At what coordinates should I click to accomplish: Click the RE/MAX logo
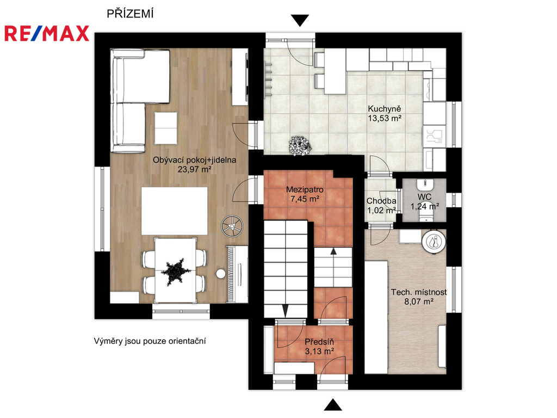[x=47, y=33]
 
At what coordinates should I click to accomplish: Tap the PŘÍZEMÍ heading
[x=130, y=14]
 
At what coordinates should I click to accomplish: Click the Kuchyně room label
[x=384, y=109]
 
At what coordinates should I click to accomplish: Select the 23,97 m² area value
[x=195, y=169]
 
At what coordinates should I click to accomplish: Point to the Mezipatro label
[x=305, y=189]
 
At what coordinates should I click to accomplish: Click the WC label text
[x=424, y=197]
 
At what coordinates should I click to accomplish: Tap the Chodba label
[x=381, y=201]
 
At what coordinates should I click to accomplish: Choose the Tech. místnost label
[x=419, y=292]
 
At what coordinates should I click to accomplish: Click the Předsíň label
[x=319, y=342]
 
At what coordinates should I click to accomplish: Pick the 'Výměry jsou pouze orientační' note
[x=150, y=341]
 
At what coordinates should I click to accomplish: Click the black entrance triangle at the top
[x=300, y=20]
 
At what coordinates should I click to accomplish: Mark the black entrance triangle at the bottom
[x=333, y=405]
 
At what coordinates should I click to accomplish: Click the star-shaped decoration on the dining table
[x=176, y=272]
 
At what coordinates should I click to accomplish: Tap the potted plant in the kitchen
[x=300, y=145]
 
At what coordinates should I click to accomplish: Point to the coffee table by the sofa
[x=166, y=128]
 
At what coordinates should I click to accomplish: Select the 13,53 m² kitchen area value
[x=385, y=118]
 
